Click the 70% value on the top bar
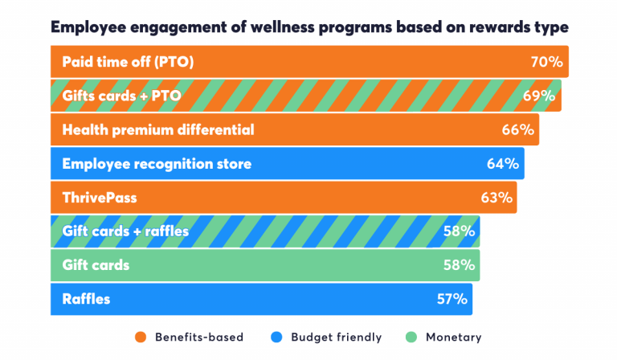coord(546,62)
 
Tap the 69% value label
coord(539,96)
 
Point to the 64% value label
coord(502,164)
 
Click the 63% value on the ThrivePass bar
coord(495,198)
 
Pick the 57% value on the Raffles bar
coord(451,299)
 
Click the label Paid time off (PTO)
coord(128,62)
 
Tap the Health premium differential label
coord(157,129)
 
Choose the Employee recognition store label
coord(157,164)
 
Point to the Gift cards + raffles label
coord(125,231)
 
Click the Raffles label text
coord(86,299)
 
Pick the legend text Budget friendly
coord(336,337)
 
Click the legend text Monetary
coord(454,337)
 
